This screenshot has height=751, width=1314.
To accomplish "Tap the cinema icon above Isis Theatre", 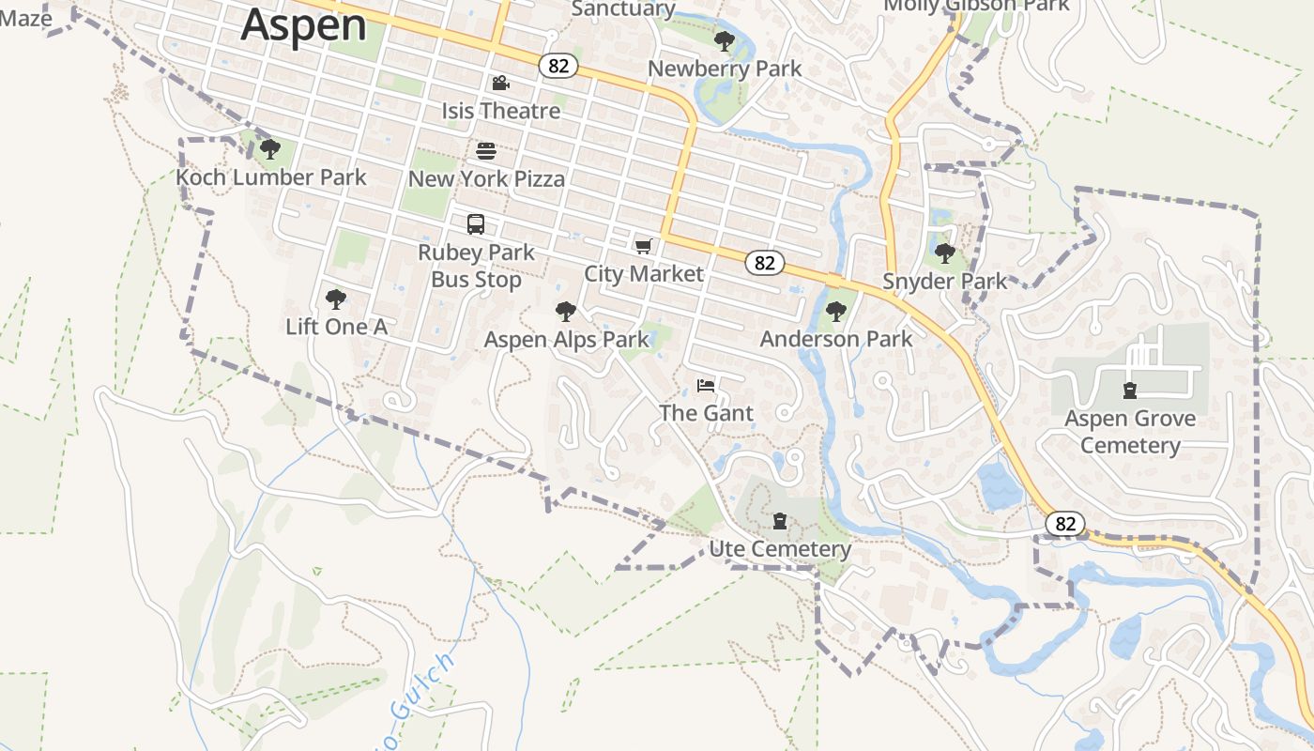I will click(x=500, y=83).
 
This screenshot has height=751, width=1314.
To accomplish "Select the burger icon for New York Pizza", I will click(x=486, y=150).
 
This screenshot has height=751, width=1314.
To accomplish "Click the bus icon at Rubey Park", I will click(x=476, y=224).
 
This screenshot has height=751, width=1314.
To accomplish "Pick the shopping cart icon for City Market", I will click(x=643, y=246).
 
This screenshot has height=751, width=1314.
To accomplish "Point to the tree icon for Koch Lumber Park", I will click(x=270, y=148).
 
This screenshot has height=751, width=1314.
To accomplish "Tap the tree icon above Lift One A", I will click(x=336, y=299).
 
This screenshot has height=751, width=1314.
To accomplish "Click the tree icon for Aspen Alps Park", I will click(x=565, y=312).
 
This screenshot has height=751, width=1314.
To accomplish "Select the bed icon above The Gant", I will click(x=706, y=385).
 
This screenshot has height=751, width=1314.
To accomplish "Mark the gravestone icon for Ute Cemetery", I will click(x=779, y=521).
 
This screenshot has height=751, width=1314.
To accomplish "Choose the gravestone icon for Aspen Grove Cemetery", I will click(x=1130, y=391).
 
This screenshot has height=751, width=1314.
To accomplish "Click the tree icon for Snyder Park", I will click(x=945, y=253).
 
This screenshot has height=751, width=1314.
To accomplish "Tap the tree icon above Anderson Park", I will click(x=835, y=312).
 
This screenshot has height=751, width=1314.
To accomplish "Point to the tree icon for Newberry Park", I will click(x=724, y=40).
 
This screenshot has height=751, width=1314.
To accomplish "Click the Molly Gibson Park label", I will click(x=976, y=6).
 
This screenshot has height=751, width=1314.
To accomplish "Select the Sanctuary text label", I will click(x=623, y=9).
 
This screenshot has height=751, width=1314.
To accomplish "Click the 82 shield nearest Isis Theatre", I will click(x=558, y=65).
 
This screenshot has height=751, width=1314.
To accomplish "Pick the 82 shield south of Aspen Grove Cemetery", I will click(x=1065, y=523).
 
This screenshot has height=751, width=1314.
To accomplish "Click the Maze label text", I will click(x=26, y=17).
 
